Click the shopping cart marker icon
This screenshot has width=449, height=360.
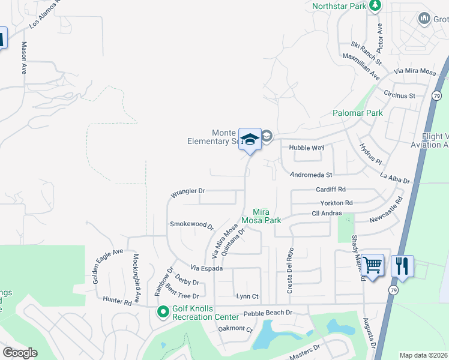tap(373, 263)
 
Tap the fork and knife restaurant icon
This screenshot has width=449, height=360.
tap(402, 265)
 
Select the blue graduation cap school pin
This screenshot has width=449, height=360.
tap(250, 140)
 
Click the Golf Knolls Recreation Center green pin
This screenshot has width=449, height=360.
tap(163, 311)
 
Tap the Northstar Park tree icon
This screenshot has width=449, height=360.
tap(376, 5)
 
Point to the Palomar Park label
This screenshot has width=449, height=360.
tap(358, 113)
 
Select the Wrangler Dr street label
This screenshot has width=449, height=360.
tap(188, 192)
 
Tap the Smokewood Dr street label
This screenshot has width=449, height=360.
tap(191, 224)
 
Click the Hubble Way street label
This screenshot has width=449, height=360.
tap(306, 148)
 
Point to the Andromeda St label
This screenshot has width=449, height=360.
tap(310, 175)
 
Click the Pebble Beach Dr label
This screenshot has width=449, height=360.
tap(268, 313)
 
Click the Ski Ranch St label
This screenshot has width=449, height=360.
tap(367, 53)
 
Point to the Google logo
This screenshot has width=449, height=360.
tap(20, 353)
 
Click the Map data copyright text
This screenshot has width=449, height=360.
tap(423, 355)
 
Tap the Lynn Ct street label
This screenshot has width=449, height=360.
tap(247, 296)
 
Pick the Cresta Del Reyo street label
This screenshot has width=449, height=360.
tap(289, 270)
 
